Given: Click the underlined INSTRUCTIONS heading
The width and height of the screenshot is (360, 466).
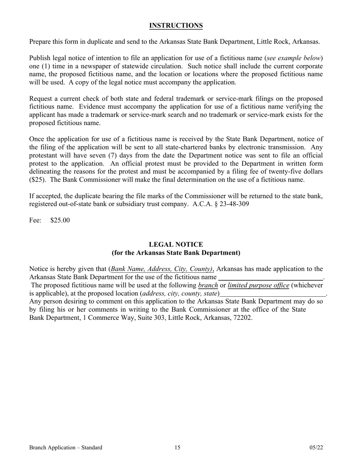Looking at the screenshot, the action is pos(176,26).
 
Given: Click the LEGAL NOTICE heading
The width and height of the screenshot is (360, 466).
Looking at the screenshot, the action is pos(176,245).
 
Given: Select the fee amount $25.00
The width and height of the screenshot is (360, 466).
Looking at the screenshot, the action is pos(60,220).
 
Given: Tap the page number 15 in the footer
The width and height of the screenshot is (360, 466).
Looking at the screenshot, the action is pos(177,448).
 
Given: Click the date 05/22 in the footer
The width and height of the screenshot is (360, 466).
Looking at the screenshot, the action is pos(316,448).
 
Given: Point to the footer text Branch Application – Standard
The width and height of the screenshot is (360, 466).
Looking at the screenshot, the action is pos(66,448).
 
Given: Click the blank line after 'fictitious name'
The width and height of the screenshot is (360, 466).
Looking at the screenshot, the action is pos(270,277).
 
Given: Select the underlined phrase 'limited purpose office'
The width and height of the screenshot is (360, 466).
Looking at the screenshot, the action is pos(258,285).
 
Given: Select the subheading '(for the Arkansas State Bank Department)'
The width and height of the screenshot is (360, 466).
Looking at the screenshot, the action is pos(176,253).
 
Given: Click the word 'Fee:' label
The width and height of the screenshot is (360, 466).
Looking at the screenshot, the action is pos(35,220).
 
